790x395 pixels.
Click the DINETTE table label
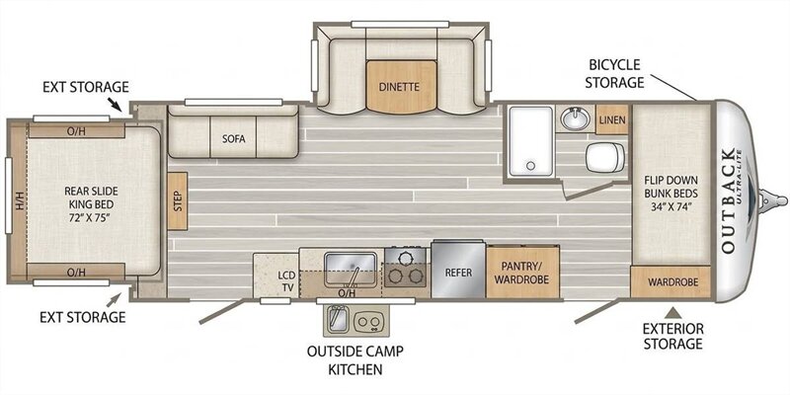coord(399,87)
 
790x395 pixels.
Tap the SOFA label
coord(234,139)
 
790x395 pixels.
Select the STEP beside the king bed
coord(178,201)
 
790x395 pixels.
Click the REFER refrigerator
coord(458,272)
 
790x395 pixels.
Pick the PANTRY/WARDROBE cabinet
coord(522,273)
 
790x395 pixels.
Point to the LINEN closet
coord(612,119)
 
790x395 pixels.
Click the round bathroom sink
coord(576,118)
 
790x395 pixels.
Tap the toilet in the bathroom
coord(604,157)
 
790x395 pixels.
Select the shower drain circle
coord(529,165)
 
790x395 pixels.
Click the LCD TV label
coord(285,280)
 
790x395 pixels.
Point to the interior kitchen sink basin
coord(351,269)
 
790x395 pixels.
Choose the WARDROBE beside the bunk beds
coord(671,282)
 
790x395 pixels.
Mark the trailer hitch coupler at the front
coord(771,199)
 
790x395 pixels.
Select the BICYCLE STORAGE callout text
coord(614,73)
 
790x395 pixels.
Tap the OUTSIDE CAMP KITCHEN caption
coord(355,359)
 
